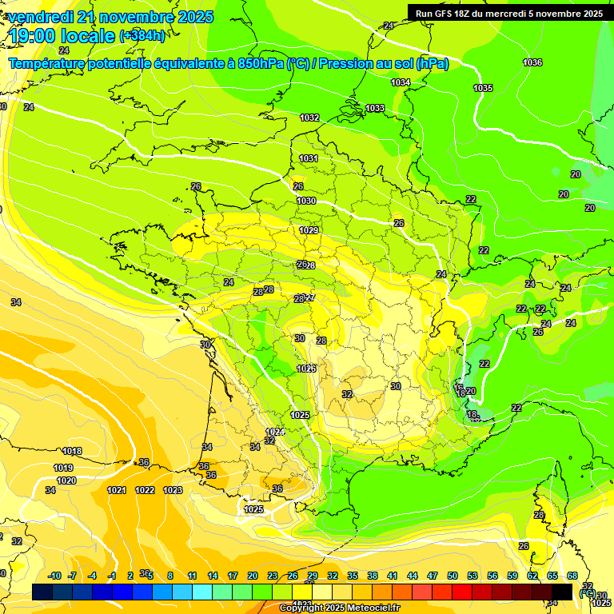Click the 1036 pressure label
click(532, 62)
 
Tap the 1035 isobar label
click(483, 88)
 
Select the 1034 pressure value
click(401, 82)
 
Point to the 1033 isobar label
click(375, 108)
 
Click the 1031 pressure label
click(309, 158)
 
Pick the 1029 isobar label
click(309, 230)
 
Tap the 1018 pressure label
click(72, 451)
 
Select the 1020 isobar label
click(66, 480)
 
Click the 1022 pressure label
click(145, 490)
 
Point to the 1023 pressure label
click(173, 490)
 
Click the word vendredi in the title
click(40, 17)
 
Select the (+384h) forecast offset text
click(142, 36)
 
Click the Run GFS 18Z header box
click(509, 14)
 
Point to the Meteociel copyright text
click(340, 608)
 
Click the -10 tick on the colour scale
click(55, 576)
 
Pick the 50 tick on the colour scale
click(453, 576)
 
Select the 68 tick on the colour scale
click(572, 576)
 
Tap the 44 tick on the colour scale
click(413, 576)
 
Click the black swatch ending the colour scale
click(562, 592)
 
